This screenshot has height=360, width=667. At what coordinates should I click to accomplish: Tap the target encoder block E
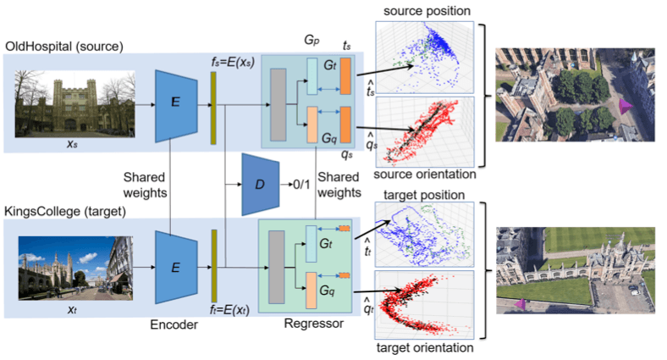pos(175,268)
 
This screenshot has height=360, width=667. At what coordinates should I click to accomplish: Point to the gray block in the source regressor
pos(278,102)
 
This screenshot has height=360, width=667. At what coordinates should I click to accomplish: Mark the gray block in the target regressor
pos(276,269)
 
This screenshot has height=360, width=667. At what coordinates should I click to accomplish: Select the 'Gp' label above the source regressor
pos(311,40)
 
